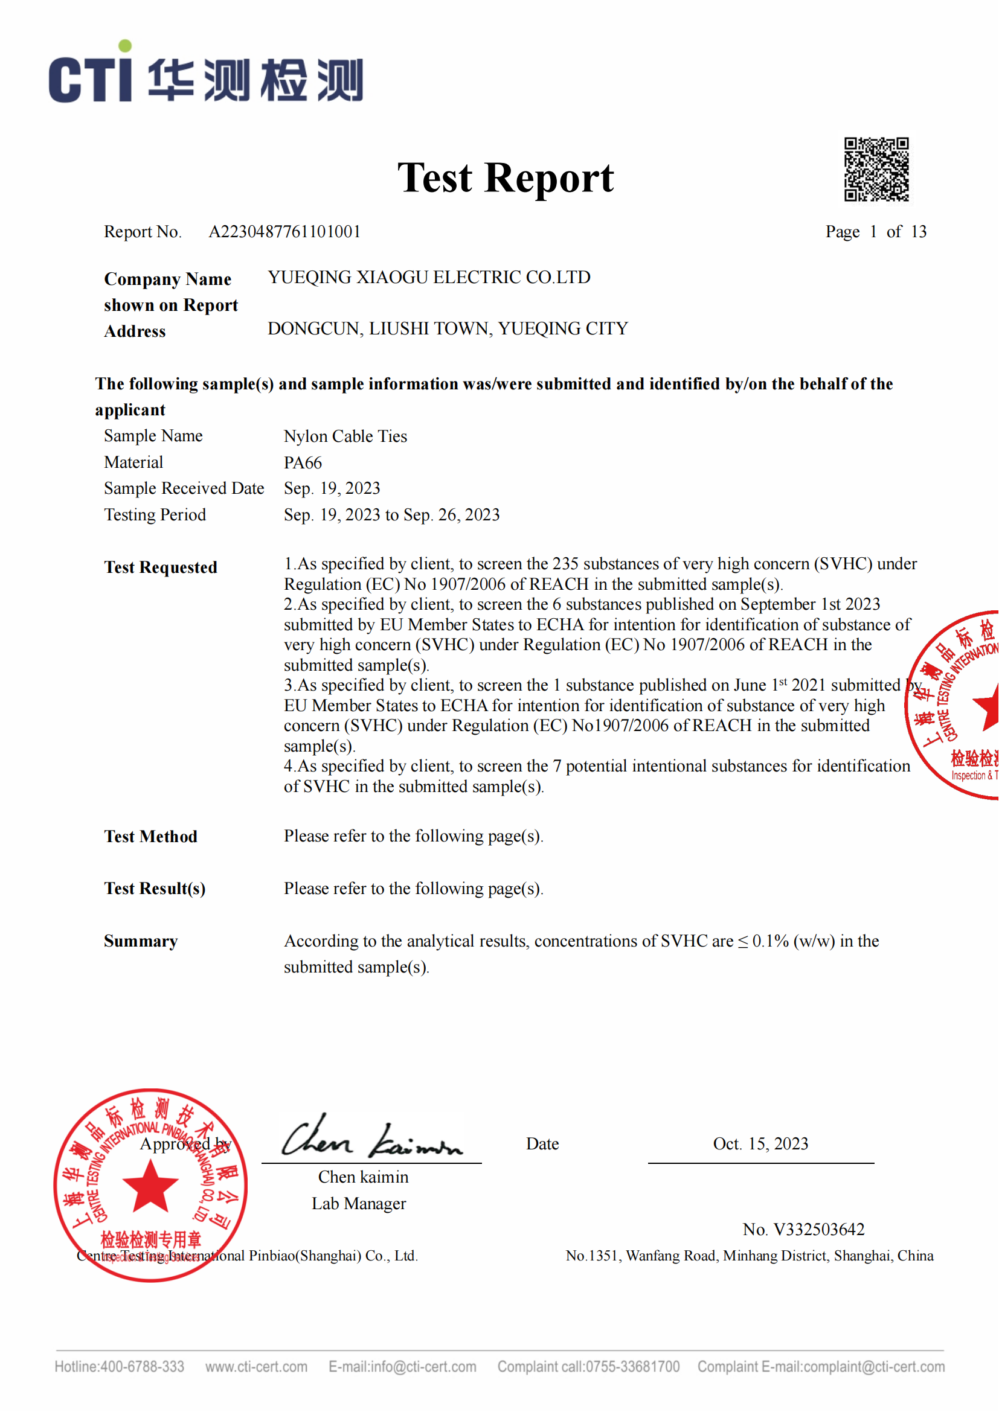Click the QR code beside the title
(x=876, y=169)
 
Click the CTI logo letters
(x=91, y=78)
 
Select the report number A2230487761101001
(x=284, y=232)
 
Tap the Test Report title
(x=505, y=177)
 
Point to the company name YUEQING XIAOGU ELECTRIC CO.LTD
(x=429, y=277)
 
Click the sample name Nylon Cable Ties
(x=345, y=436)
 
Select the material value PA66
(x=303, y=462)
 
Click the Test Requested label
(x=161, y=567)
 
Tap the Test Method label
(x=151, y=836)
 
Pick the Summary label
(x=141, y=941)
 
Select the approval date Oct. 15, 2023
(x=760, y=1144)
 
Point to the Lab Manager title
(x=359, y=1204)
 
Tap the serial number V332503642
(x=819, y=1229)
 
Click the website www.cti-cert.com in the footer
(x=257, y=1367)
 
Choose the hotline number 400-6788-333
(x=142, y=1367)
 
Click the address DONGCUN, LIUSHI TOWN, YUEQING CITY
(x=448, y=329)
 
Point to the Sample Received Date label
(x=184, y=488)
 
